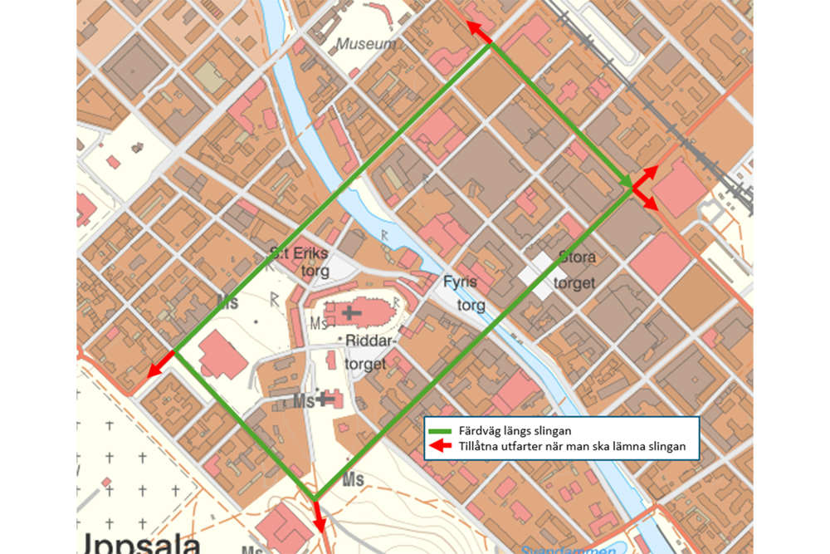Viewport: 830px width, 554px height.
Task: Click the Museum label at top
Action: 367,43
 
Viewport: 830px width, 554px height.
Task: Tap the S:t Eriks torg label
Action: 300,260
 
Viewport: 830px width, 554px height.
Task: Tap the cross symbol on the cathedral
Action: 352,312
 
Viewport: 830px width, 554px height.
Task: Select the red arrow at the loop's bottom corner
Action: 317,517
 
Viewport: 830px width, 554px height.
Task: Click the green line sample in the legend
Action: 440,430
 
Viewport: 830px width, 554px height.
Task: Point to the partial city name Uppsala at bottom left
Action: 141,544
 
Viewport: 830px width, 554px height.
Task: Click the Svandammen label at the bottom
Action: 568,549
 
